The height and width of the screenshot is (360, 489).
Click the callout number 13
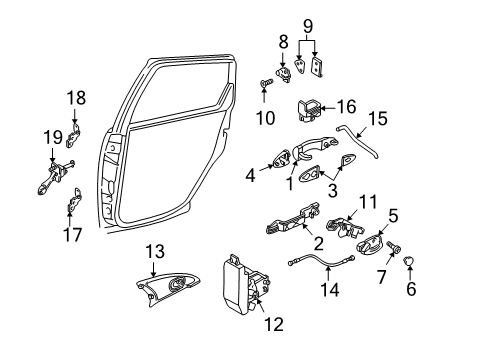click(x=155, y=251)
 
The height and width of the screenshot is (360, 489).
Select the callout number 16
click(x=346, y=107)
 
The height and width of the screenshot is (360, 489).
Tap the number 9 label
click(x=308, y=26)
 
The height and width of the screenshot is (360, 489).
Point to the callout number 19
click(x=53, y=137)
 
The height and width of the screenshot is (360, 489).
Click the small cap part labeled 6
click(x=409, y=260)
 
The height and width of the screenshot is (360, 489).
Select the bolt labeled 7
click(x=394, y=248)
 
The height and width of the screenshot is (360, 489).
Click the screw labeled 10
click(x=266, y=82)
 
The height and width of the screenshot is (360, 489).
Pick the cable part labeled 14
click(x=321, y=260)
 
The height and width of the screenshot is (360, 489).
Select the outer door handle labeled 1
click(x=314, y=146)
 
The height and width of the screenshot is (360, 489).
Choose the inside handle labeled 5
click(x=370, y=244)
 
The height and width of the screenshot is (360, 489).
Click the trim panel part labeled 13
click(x=167, y=287)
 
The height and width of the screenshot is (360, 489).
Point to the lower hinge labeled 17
click(x=75, y=200)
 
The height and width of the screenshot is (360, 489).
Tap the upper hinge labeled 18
click(x=74, y=135)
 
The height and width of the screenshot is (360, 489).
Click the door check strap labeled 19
click(x=55, y=176)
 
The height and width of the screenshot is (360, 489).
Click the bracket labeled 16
click(x=309, y=110)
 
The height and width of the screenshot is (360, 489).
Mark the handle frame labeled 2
click(x=293, y=219)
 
